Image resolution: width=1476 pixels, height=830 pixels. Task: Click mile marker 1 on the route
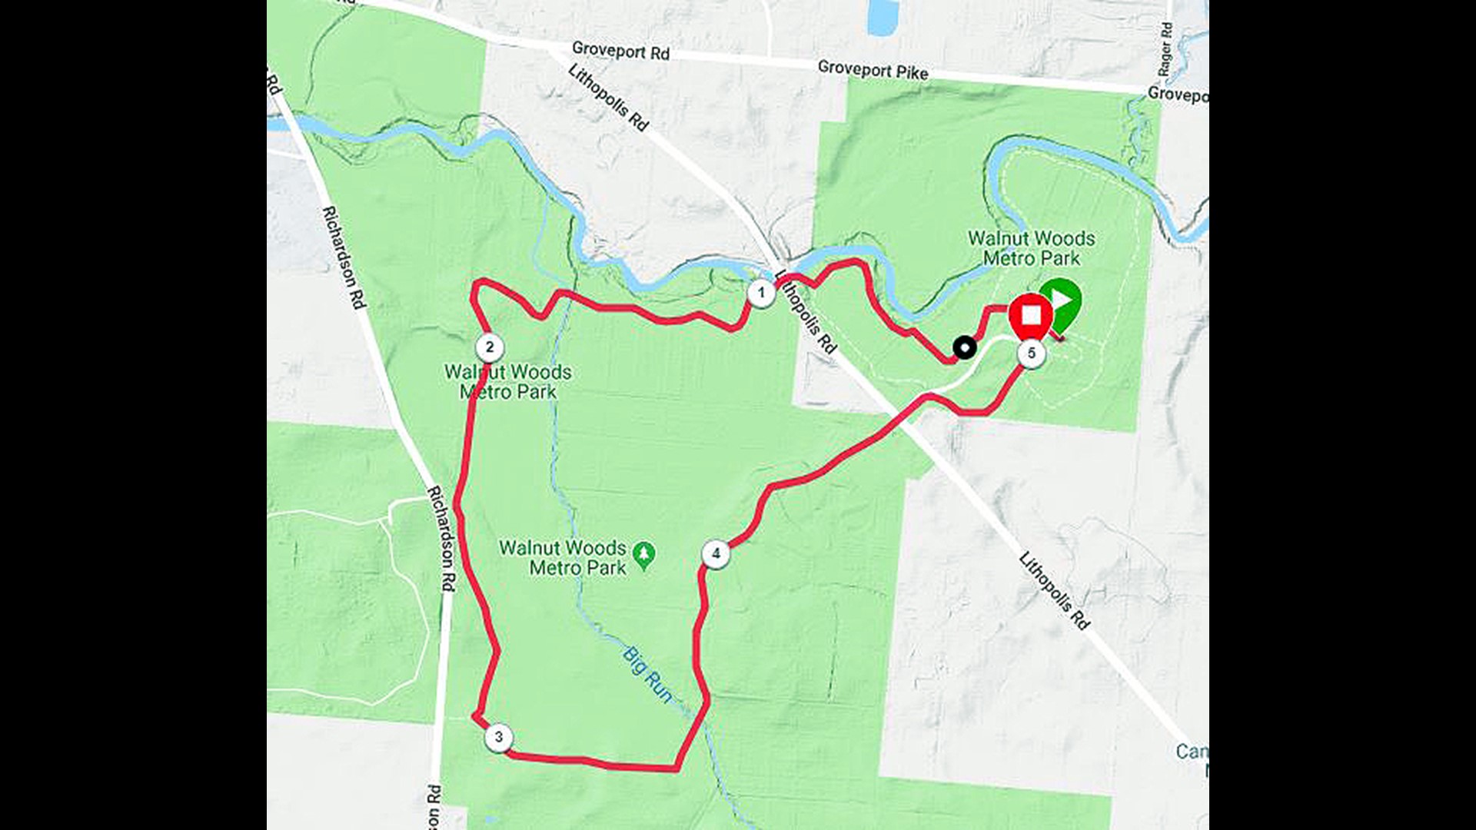761,293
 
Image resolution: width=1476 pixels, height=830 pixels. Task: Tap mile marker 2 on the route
490,347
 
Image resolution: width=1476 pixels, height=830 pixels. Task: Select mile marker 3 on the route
499,738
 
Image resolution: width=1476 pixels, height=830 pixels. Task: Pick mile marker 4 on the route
716,553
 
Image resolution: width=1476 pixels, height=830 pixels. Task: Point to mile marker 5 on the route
1032,354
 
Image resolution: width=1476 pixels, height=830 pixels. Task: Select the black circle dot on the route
964,347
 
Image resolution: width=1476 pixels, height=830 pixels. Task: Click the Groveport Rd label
620,51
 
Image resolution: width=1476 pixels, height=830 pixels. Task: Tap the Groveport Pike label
873,70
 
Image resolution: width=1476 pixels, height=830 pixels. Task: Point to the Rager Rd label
1166,49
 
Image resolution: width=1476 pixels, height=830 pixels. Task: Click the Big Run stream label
647,675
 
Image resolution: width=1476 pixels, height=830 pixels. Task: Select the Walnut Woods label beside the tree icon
563,558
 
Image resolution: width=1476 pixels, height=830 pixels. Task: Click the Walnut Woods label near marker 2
508,382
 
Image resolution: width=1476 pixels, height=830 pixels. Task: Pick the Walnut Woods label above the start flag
1031,248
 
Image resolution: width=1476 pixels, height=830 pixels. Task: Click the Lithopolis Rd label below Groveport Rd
608,97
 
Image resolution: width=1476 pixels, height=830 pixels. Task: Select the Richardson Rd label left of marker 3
441,538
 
